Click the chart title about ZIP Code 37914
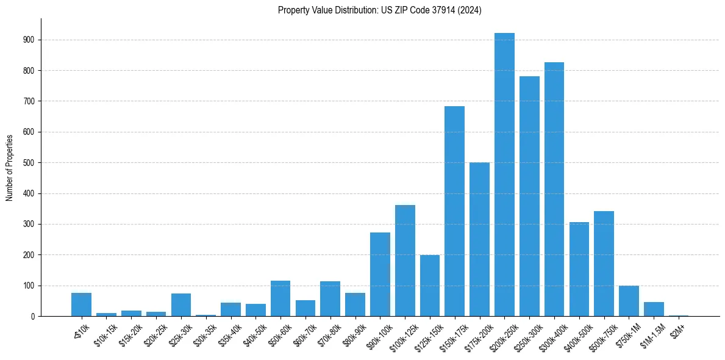point(379,10)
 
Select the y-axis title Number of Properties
point(10,167)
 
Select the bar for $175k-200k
point(479,239)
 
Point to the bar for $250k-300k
point(529,196)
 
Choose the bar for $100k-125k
point(405,261)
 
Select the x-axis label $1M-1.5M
point(650,333)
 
